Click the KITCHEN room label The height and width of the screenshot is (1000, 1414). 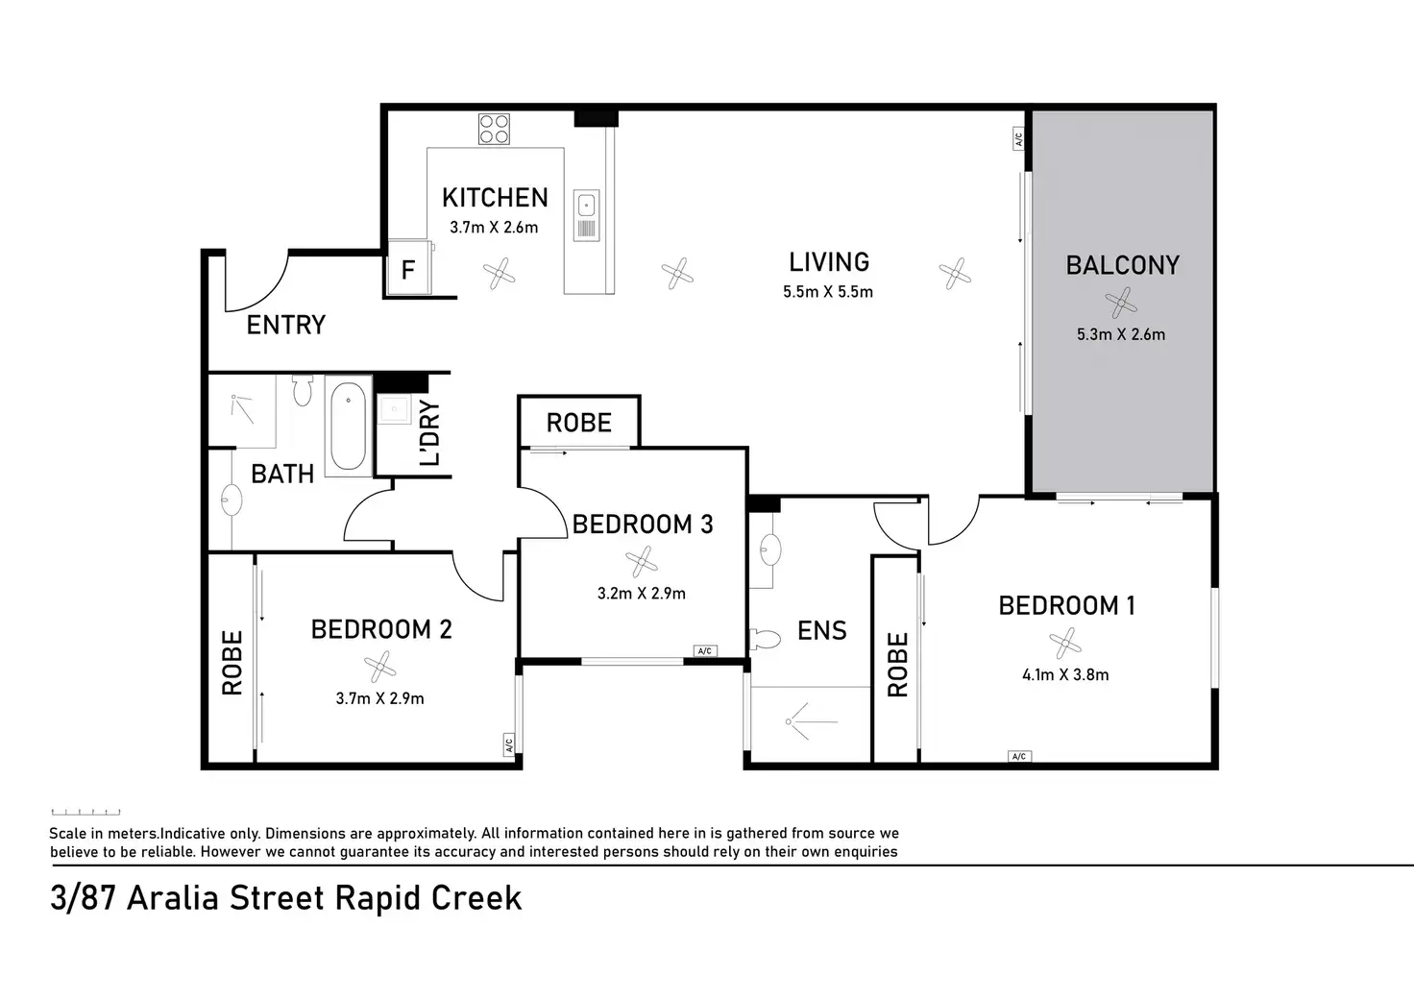pyautogui.click(x=495, y=198)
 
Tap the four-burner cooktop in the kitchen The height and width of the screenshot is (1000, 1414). pyautogui.click(x=494, y=129)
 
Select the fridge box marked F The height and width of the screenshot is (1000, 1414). pyautogui.click(x=409, y=267)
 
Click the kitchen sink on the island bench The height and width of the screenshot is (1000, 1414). pyautogui.click(x=586, y=214)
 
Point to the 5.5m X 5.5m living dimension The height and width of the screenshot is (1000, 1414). pyautogui.click(x=828, y=292)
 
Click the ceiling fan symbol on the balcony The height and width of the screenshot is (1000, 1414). pyautogui.click(x=1120, y=303)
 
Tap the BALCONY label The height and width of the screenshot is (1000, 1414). pyautogui.click(x=1122, y=265)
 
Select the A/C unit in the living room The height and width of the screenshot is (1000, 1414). pyautogui.click(x=1018, y=138)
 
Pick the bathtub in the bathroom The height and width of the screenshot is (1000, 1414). pyautogui.click(x=348, y=427)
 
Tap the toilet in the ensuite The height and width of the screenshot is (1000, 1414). pyautogui.click(x=765, y=639)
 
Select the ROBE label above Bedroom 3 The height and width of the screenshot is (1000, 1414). pyautogui.click(x=579, y=423)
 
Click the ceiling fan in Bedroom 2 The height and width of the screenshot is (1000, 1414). pyautogui.click(x=380, y=667)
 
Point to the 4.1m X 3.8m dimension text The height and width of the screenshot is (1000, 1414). pyautogui.click(x=1065, y=675)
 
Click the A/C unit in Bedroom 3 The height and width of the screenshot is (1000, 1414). pyautogui.click(x=705, y=651)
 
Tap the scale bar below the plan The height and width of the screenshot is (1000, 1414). pyautogui.click(x=85, y=813)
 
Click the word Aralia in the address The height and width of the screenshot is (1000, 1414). pyautogui.click(x=173, y=898)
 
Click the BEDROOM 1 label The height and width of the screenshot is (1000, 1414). pyautogui.click(x=1067, y=605)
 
